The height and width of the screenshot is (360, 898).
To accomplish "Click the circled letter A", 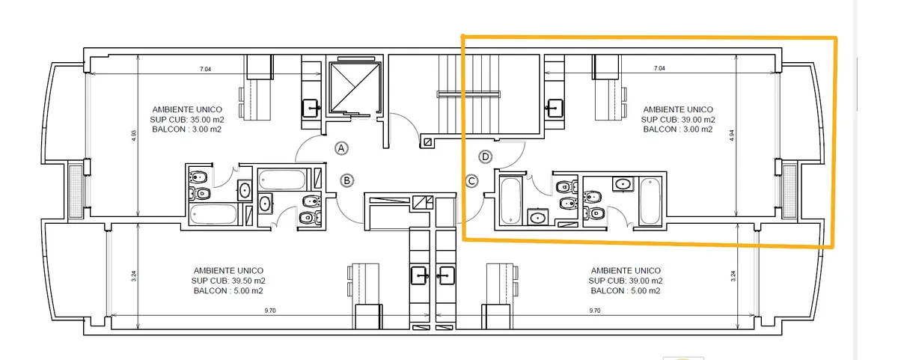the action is pos(341,148).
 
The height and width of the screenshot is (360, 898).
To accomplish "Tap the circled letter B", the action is pos(346,181).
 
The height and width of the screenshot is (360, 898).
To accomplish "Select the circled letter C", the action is pos(472,181).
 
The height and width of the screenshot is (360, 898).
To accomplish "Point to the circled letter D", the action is pos(486,156).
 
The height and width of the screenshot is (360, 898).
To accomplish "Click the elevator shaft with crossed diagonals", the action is pos(355,87).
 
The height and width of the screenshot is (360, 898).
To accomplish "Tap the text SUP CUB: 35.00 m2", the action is pos(187,120).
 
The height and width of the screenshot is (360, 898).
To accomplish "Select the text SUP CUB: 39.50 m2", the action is pos(228,281).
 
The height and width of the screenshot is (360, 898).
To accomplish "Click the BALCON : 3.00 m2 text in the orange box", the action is pos(678,129).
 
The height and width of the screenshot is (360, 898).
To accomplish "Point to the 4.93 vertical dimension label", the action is pos(134,135).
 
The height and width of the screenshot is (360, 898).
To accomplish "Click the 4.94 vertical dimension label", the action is pos(732,135).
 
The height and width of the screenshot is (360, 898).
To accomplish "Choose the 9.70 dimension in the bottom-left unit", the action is pos(270,311).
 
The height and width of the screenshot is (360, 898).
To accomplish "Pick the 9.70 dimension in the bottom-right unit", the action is pos(595,311).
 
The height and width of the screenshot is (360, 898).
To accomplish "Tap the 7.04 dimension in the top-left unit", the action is pos(205,69).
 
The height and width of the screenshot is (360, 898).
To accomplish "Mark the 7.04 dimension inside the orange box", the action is pos(659,68).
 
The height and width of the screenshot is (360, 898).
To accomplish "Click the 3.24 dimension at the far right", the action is pos(733,276).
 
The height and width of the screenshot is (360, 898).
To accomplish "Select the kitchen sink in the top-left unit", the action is pos(311,109).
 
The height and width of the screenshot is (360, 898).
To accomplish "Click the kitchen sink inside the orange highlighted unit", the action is pos(555,109).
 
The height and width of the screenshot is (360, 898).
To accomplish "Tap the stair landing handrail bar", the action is pos(468,94).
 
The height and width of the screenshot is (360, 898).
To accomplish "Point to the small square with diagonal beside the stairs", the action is pos(427,142).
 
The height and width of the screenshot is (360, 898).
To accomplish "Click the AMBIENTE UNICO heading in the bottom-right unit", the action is pos(626,271).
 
